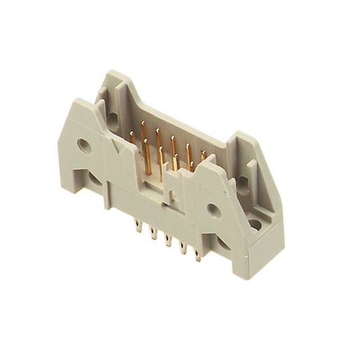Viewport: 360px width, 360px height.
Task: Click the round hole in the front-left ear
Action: click(84, 146)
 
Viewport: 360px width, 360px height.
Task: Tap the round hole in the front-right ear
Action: click(214, 210)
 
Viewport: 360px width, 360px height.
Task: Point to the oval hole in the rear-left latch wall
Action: click(112, 119)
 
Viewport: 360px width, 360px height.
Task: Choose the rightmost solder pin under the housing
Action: click(197, 256)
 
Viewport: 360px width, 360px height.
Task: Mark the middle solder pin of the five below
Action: click(167, 242)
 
